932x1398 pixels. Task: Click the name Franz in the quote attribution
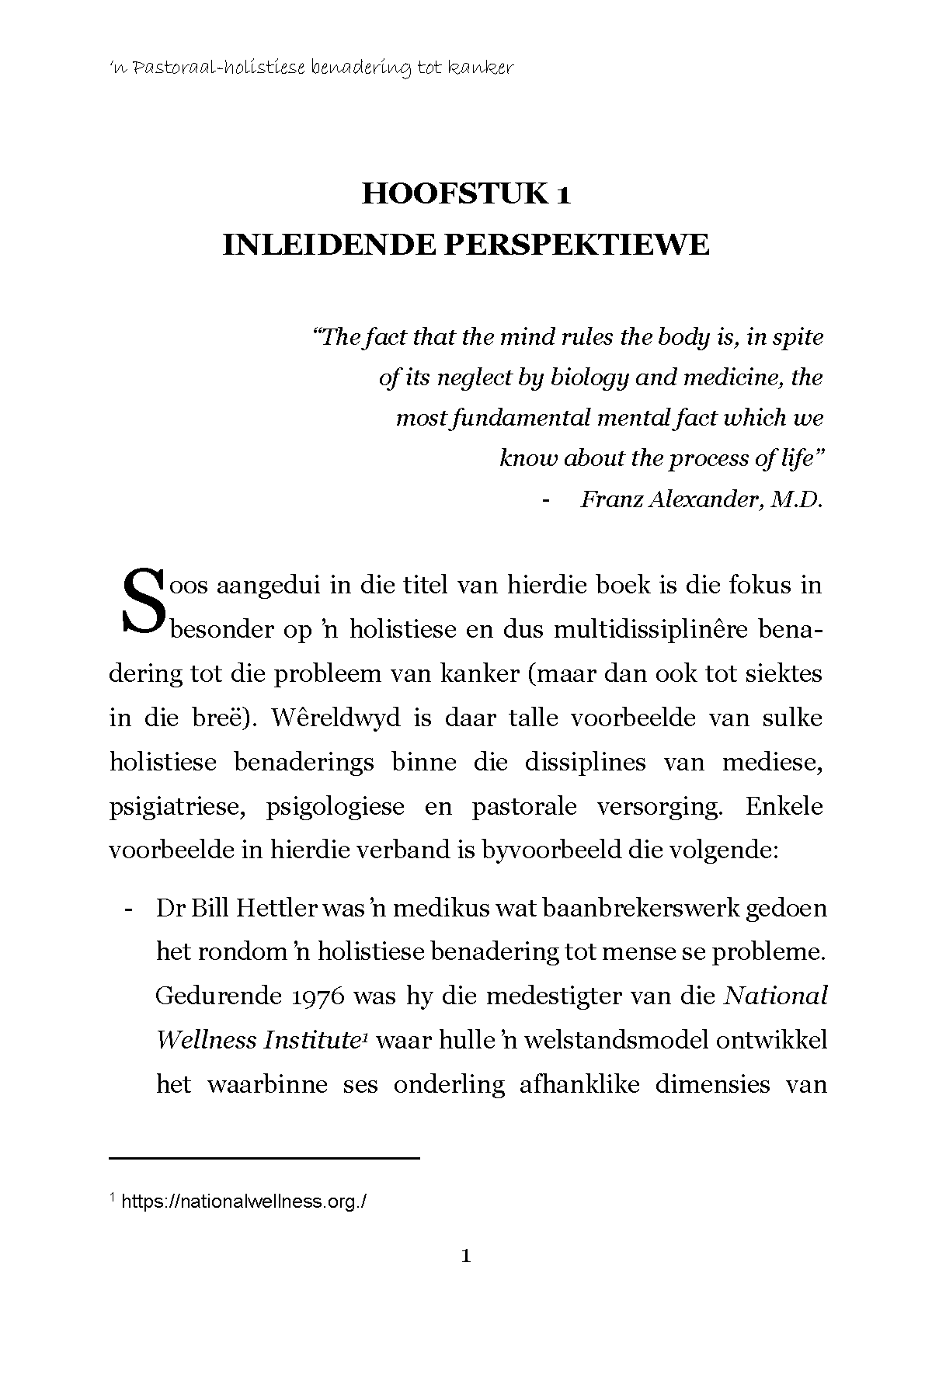tap(614, 499)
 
